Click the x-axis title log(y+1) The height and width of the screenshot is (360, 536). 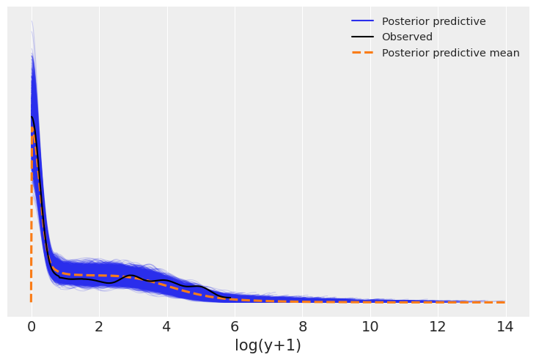pos(268,346)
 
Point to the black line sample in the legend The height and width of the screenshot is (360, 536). pos(362,37)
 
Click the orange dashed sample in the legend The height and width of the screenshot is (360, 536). pos(362,53)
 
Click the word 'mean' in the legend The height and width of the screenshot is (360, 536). pos(502,53)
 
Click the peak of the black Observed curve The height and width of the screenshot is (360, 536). pos(32,116)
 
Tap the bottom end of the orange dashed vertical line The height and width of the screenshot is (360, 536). pos(31,301)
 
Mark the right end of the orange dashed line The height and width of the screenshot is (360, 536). pos(504,302)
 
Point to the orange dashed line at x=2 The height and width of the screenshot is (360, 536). pos(99,275)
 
